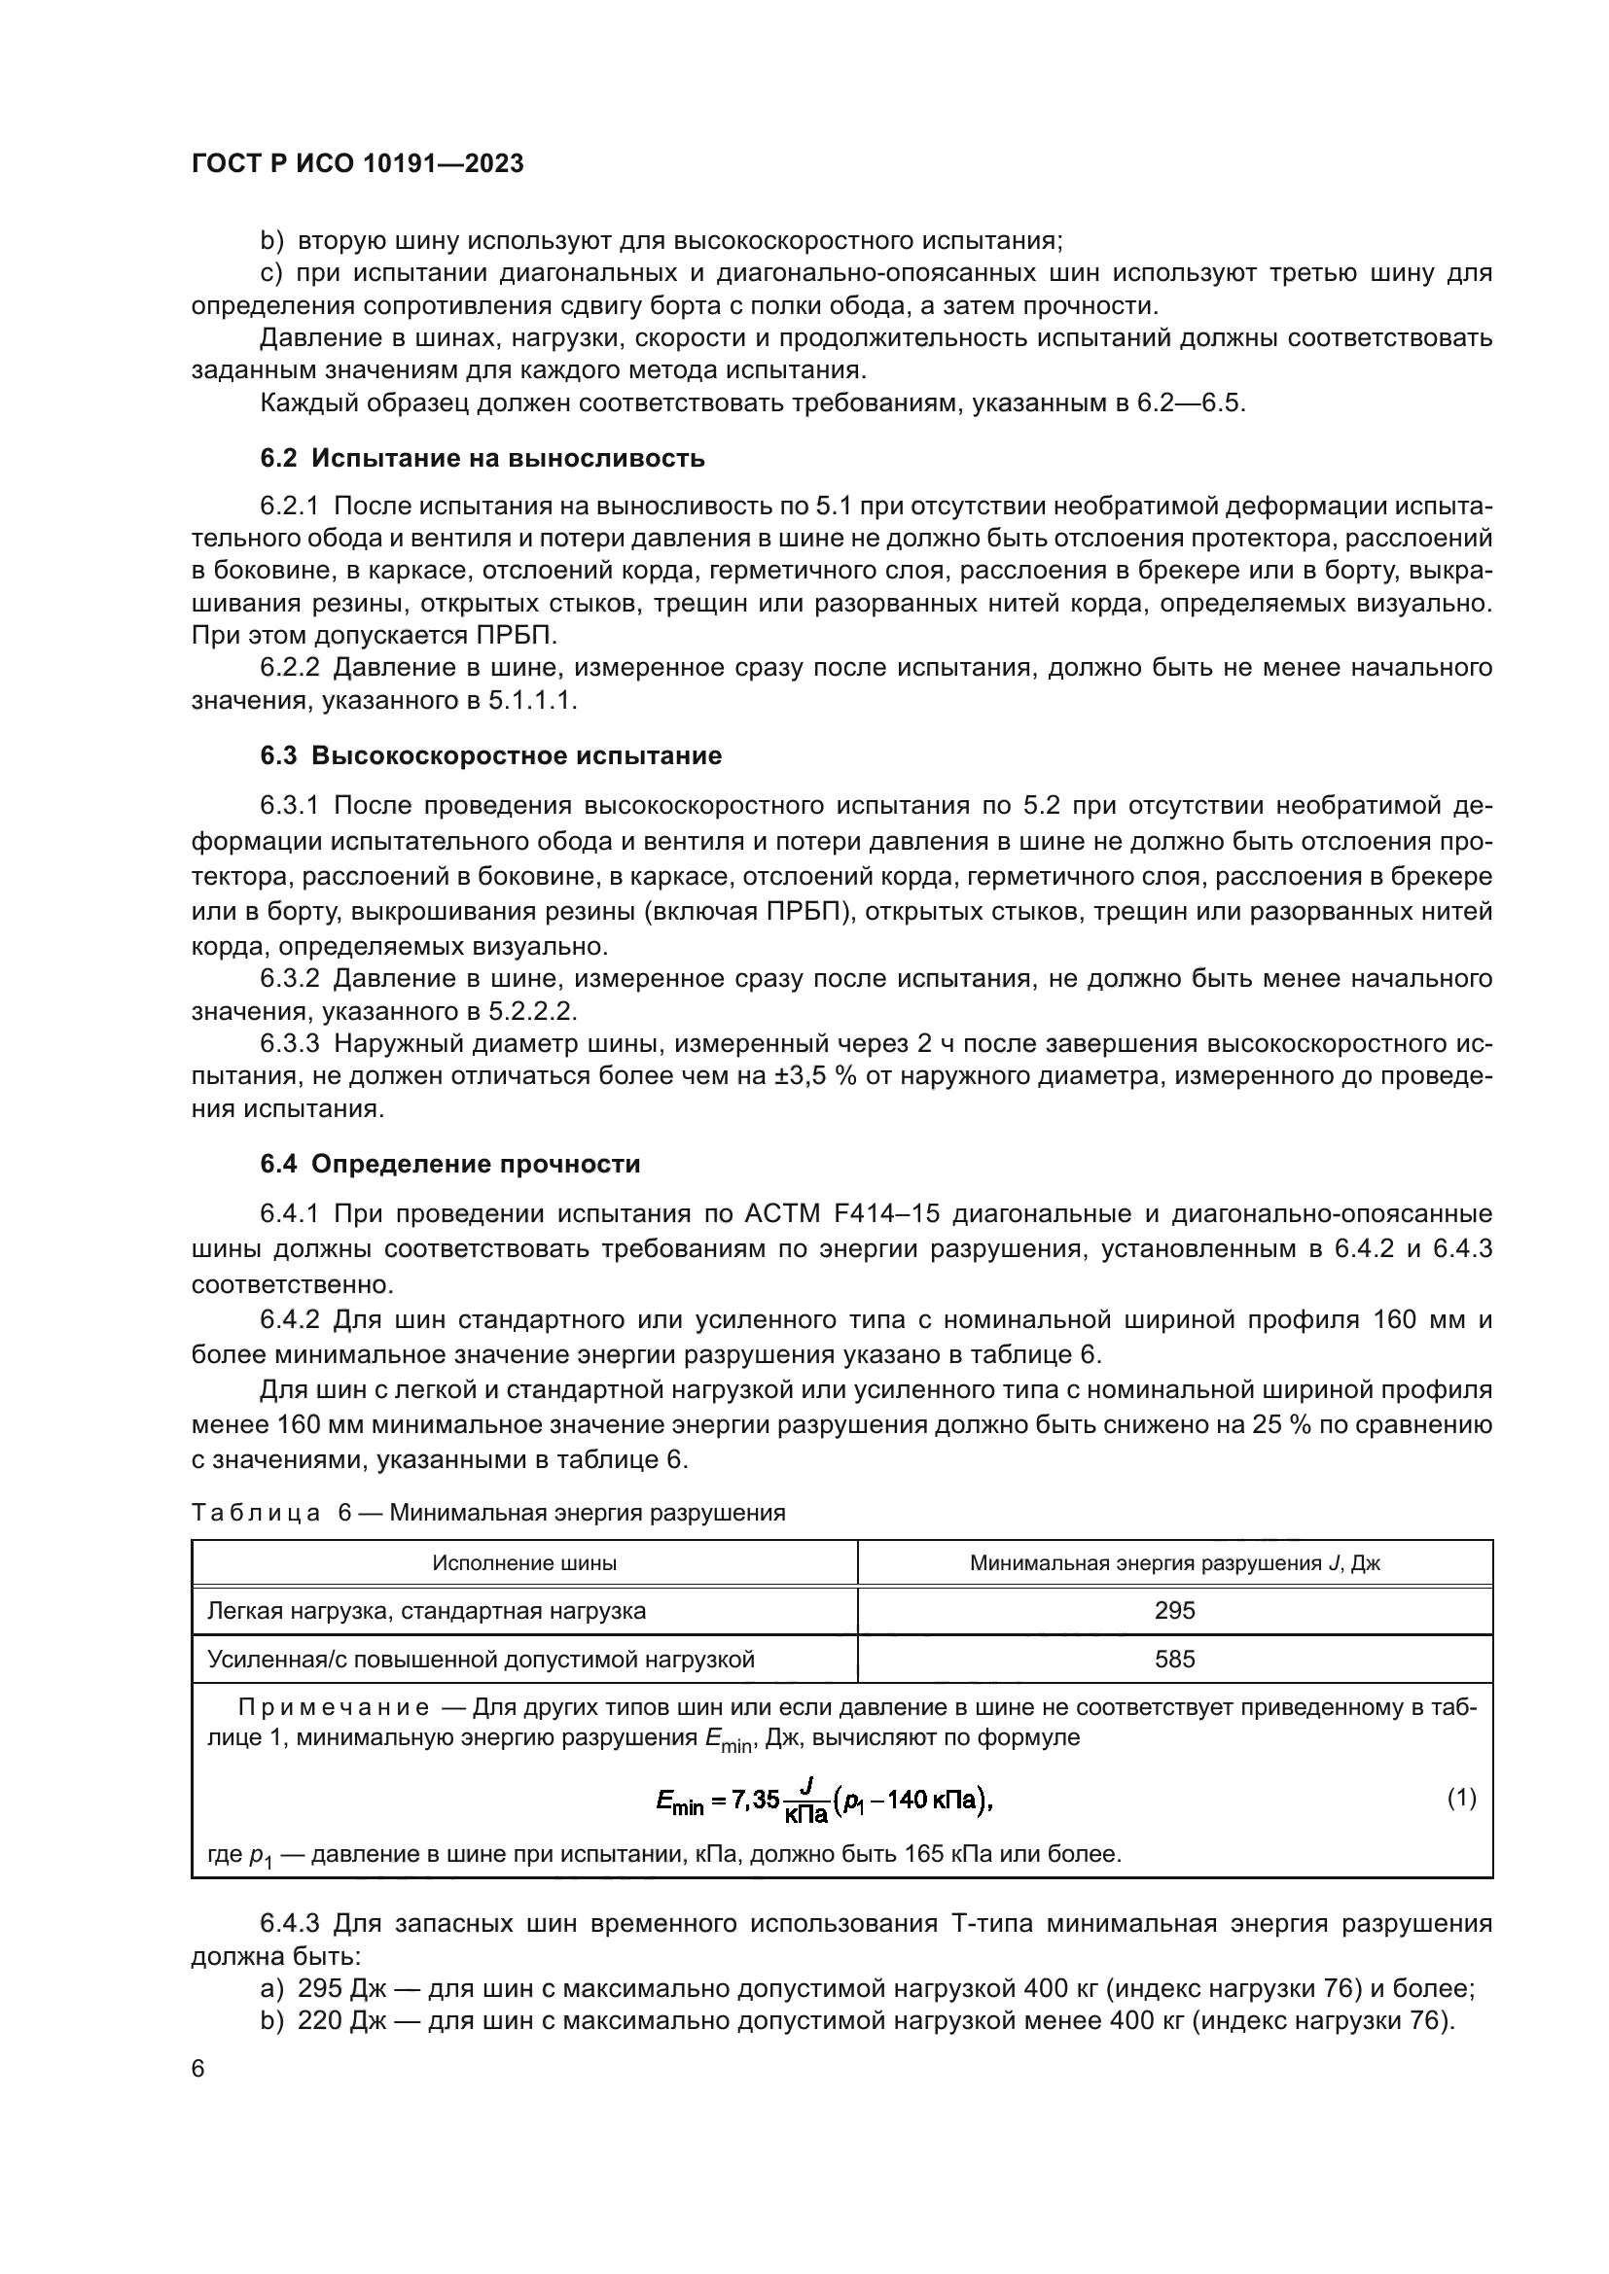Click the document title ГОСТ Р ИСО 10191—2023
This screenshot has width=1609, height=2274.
point(357,163)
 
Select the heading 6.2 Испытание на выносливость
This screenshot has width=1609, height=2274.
point(483,458)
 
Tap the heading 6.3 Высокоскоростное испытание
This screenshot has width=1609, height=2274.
point(490,755)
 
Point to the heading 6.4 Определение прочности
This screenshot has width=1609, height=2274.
point(449,1164)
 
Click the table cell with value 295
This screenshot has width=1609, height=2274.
point(1174,1610)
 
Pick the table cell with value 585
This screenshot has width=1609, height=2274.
point(1174,1659)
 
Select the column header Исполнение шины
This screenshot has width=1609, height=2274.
point(524,1563)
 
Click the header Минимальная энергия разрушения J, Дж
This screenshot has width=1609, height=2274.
point(1174,1563)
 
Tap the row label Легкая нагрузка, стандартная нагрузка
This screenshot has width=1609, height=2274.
point(426,1610)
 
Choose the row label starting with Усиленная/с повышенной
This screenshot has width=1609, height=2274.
point(481,1659)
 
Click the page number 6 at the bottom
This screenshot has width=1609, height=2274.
point(198,2069)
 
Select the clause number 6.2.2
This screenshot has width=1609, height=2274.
point(289,668)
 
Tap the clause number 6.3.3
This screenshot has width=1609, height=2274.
point(289,1044)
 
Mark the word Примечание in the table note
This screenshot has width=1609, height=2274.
point(333,1707)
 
